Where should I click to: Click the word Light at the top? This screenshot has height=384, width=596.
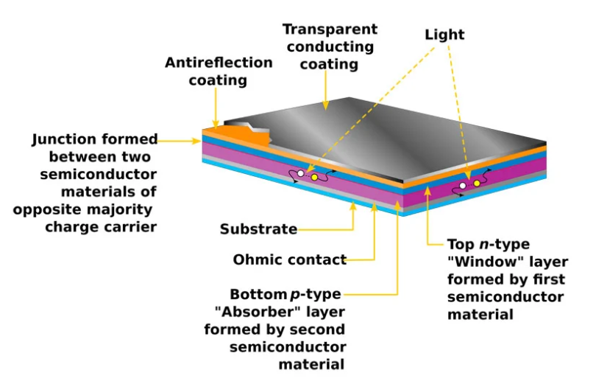444,34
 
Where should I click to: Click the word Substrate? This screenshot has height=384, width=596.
258,229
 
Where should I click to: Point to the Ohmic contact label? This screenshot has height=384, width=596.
289,259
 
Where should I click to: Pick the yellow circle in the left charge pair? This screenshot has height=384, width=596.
314,178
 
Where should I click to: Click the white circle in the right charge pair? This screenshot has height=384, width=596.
462,186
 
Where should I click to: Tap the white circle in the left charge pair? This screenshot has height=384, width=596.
300,174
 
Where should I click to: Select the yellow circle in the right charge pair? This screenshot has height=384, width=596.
477,183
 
